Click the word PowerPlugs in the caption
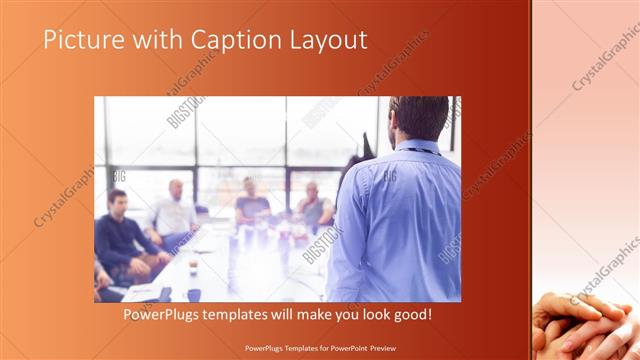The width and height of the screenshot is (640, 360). pyautogui.click(x=160, y=314)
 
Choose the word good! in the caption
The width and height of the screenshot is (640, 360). pyautogui.click(x=411, y=314)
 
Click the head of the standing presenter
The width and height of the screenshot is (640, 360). pyautogui.click(x=418, y=118)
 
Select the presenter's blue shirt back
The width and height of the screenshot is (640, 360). pyautogui.click(x=400, y=220)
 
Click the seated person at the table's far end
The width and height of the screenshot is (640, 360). pyautogui.click(x=250, y=200)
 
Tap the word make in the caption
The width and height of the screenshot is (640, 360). pyautogui.click(x=321, y=314)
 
